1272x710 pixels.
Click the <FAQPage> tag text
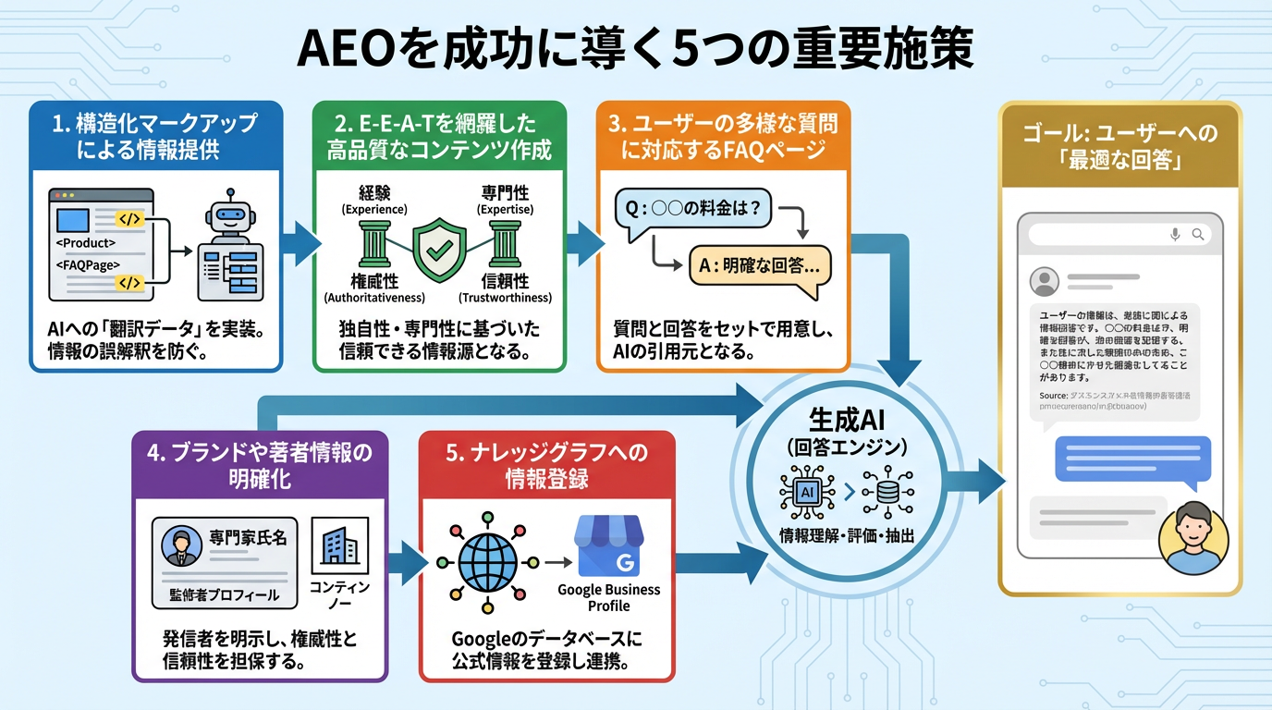tap(88, 264)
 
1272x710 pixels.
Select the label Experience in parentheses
tap(374, 210)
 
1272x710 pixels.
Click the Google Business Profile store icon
tap(609, 547)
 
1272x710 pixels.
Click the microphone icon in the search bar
tap(1175, 234)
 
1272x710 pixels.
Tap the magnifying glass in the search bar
tap(1198, 234)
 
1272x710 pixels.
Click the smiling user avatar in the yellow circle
tap(1193, 537)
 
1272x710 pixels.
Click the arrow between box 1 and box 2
tap(299, 243)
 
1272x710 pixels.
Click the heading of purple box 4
tap(260, 465)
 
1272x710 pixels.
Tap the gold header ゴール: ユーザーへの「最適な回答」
tap(1119, 146)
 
